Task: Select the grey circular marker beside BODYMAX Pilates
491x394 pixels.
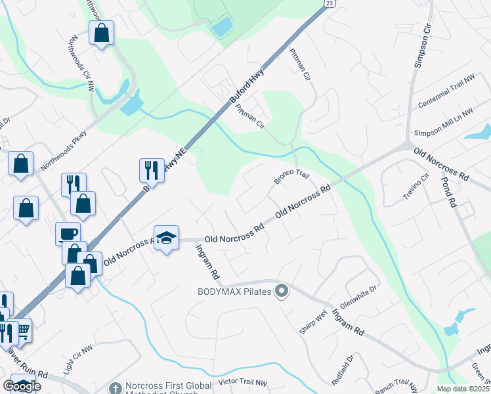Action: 282,290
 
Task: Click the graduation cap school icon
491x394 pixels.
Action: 167,237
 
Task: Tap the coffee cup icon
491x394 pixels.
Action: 68,234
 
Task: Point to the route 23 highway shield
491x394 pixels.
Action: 330,3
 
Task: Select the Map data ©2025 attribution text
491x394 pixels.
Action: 463,389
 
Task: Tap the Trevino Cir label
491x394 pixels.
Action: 416,188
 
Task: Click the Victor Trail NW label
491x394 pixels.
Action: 243,382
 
